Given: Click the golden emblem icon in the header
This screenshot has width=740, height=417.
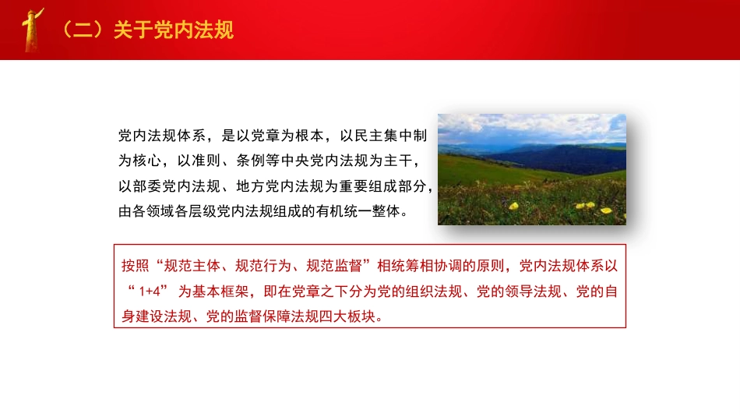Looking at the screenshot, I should (x=33, y=30).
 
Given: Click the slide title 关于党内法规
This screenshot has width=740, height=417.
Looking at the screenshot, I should (x=173, y=30).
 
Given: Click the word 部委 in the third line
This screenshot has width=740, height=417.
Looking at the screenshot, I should (x=153, y=186).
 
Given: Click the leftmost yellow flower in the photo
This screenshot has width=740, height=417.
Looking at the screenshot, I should (x=514, y=206).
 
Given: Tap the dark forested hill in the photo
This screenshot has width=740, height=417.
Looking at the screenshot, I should (x=561, y=160).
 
